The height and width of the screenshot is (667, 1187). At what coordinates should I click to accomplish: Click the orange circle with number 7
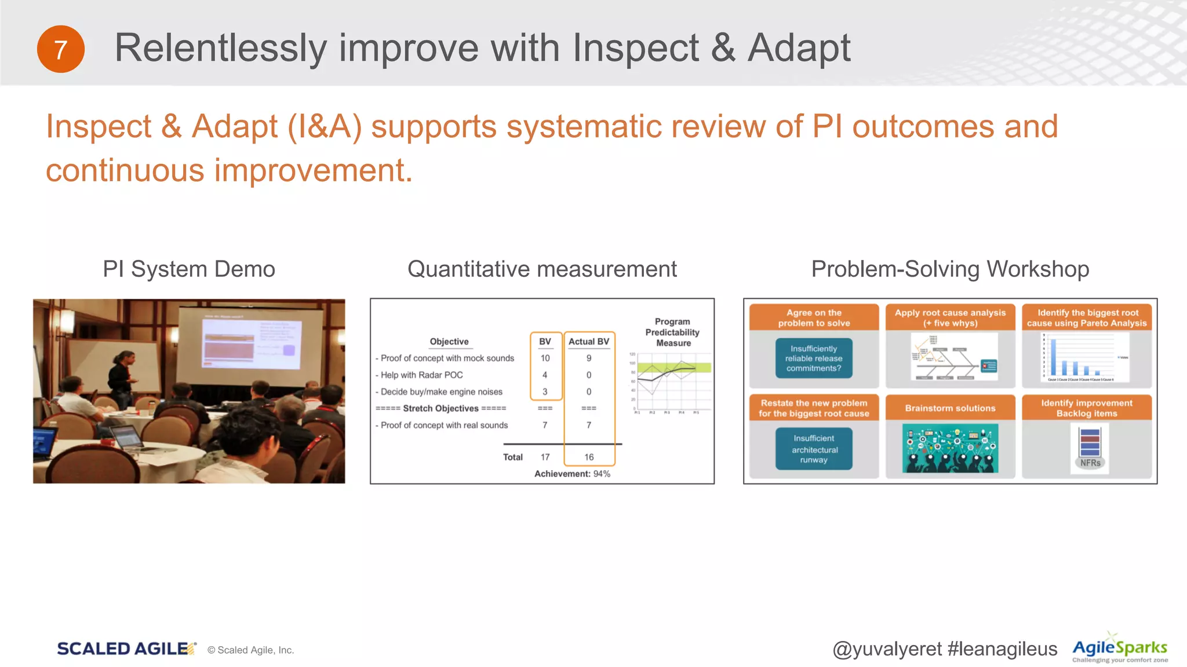[x=60, y=49]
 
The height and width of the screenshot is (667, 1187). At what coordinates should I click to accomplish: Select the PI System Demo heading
[x=189, y=269]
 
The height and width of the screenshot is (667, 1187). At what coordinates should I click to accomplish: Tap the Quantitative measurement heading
[x=542, y=269]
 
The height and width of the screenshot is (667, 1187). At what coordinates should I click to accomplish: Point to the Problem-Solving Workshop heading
[x=950, y=269]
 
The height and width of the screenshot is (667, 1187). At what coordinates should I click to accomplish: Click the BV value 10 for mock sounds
[x=545, y=358]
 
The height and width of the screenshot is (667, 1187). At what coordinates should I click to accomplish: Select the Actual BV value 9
[x=589, y=358]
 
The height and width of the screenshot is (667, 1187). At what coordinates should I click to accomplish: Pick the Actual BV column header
[x=589, y=342]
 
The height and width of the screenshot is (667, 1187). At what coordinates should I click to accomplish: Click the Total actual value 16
[x=589, y=457]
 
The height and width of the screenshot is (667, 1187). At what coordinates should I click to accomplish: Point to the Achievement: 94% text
[x=572, y=474]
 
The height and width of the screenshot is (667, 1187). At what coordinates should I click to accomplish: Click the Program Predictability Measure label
[x=672, y=332]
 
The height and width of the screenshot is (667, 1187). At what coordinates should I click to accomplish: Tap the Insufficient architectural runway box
[x=814, y=449]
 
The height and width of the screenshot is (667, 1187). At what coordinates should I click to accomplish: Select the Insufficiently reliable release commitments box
[x=814, y=358]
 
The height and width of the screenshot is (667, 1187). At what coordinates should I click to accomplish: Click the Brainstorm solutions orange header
[x=950, y=408]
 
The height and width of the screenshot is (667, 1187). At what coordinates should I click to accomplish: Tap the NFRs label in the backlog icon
[x=1090, y=463]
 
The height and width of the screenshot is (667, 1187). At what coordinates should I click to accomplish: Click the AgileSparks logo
[x=1120, y=648]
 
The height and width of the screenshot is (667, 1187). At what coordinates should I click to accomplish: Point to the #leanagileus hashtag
[x=1002, y=649]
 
